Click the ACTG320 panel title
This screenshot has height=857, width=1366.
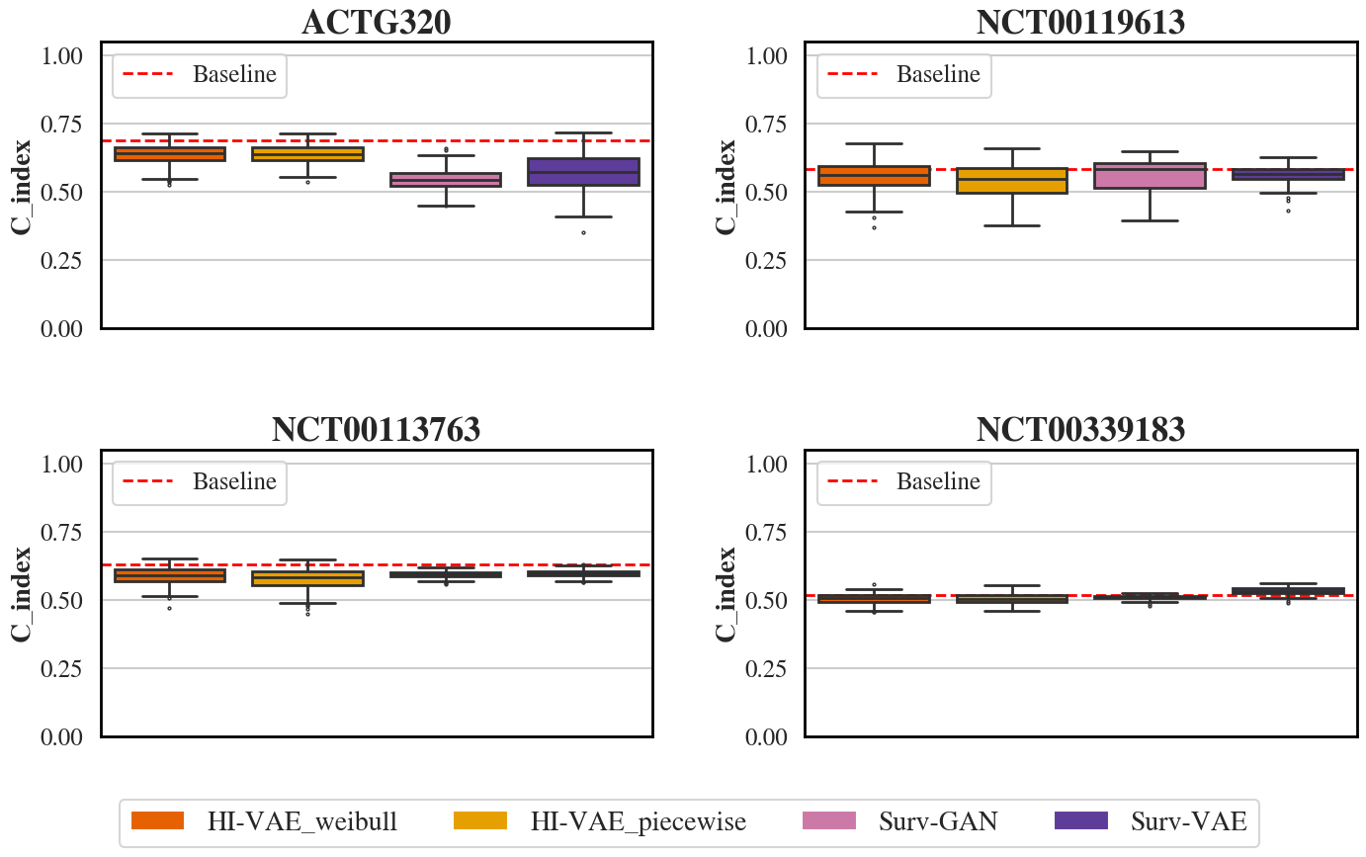click(376, 23)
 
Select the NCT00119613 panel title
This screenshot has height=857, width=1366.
click(1080, 23)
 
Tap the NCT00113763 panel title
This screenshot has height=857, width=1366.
click(376, 430)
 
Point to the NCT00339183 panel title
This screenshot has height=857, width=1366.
click(1080, 430)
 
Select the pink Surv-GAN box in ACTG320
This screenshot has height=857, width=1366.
click(446, 180)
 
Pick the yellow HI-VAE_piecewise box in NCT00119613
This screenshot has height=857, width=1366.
click(1012, 181)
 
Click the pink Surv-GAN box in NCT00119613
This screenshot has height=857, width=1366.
click(1150, 176)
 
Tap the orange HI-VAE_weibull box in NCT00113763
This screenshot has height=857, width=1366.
click(170, 575)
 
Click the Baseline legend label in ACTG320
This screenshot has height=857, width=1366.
click(234, 74)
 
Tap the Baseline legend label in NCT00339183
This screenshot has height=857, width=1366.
click(938, 481)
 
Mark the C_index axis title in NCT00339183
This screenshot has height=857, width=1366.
click(727, 593)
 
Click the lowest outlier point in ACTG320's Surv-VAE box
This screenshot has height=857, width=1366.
click(583, 232)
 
